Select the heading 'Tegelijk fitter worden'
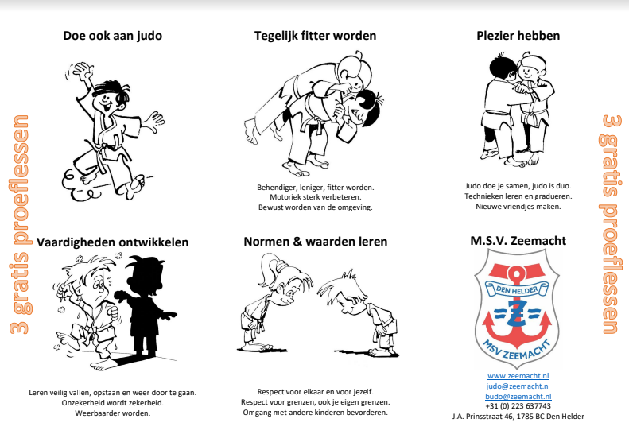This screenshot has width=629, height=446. (315, 36)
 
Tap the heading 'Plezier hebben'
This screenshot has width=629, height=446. (518, 36)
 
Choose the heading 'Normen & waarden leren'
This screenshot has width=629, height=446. (315, 241)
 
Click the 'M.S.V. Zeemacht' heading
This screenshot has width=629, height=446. (518, 241)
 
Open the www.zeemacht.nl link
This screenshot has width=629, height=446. (518, 375)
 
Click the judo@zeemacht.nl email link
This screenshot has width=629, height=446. (518, 386)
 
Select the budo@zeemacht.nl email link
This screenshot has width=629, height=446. (518, 395)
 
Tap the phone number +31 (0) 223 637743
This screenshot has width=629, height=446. (518, 405)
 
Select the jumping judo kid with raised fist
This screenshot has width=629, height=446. (103, 127)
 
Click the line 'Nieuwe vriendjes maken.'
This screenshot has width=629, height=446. (518, 207)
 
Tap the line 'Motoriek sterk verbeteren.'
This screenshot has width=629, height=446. (315, 197)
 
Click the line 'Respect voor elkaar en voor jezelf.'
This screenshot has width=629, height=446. (315, 392)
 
